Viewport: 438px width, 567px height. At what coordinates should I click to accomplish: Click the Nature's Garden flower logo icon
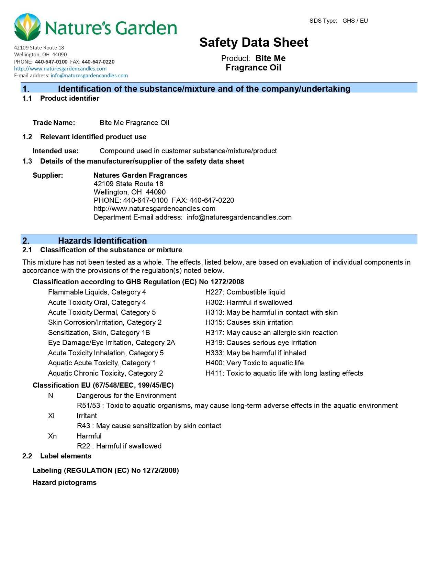(27, 27)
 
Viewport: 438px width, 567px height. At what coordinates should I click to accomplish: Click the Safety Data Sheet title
(254, 42)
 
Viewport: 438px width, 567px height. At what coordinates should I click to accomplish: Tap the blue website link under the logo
(60, 68)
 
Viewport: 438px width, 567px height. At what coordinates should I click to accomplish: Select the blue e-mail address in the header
(89, 75)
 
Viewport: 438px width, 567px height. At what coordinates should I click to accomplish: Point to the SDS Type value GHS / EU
(355, 21)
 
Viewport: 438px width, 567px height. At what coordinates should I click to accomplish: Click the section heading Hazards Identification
(102, 241)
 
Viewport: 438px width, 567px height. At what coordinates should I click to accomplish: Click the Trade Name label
(54, 123)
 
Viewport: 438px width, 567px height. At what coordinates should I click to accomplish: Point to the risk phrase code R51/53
(88, 405)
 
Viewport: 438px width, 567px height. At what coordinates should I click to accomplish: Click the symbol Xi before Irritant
(51, 416)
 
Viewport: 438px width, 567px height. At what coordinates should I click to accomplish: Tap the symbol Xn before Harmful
(52, 436)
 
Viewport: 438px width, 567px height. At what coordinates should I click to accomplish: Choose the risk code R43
(83, 426)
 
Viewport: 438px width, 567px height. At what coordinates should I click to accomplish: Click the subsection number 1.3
(27, 161)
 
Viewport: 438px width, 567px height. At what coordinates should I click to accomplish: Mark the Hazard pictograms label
(65, 482)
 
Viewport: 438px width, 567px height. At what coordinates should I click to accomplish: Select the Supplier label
(48, 175)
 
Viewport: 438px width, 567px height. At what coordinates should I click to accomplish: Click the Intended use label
(56, 151)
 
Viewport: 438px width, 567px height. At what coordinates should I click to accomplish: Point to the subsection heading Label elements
(66, 456)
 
